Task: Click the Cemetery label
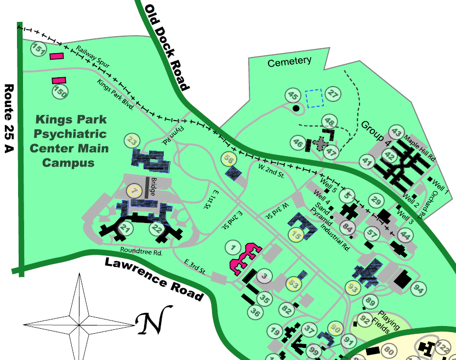pyautogui.click(x=289, y=62)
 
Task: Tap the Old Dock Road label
pyautogui.click(x=167, y=47)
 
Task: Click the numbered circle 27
pyautogui.click(x=333, y=94)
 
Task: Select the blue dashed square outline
pyautogui.click(x=315, y=98)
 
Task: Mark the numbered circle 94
pyautogui.click(x=420, y=288)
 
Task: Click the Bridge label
pyautogui.click(x=154, y=187)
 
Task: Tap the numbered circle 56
pyautogui.click(x=229, y=159)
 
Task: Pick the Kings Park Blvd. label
pyautogui.click(x=116, y=94)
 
